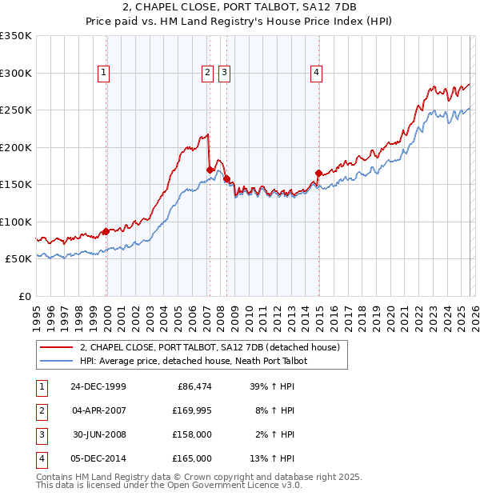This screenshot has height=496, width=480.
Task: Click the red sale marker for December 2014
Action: coord(318,173)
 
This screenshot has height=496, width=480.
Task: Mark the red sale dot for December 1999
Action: coord(106,231)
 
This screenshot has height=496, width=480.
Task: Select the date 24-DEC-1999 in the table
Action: coord(98,386)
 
